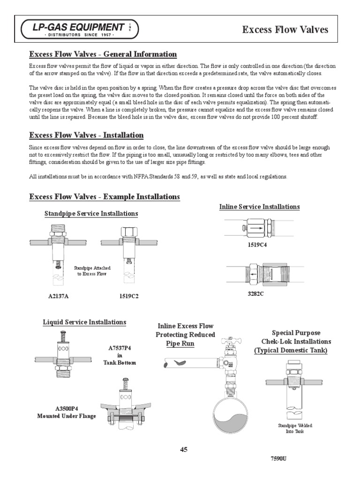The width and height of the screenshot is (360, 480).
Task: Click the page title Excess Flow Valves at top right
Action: (x=285, y=30)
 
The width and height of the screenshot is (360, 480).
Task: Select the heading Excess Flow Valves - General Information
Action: (x=103, y=54)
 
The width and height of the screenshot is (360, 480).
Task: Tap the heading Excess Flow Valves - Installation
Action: (x=86, y=135)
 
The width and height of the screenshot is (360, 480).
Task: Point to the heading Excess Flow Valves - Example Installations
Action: (x=105, y=196)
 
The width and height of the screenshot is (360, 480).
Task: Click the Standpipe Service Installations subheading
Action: (x=91, y=213)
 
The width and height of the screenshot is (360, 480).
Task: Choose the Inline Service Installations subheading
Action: (x=259, y=206)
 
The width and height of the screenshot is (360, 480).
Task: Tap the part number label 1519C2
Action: (x=129, y=296)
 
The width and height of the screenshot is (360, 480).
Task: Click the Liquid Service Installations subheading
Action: (x=84, y=322)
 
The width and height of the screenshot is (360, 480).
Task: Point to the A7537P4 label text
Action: (x=120, y=348)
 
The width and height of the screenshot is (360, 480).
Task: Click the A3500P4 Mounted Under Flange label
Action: (x=67, y=412)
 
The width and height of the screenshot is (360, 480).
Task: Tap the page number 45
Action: (x=183, y=450)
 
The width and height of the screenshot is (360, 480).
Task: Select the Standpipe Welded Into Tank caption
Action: (x=295, y=428)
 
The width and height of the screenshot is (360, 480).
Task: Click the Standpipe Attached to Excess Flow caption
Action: (x=92, y=270)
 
